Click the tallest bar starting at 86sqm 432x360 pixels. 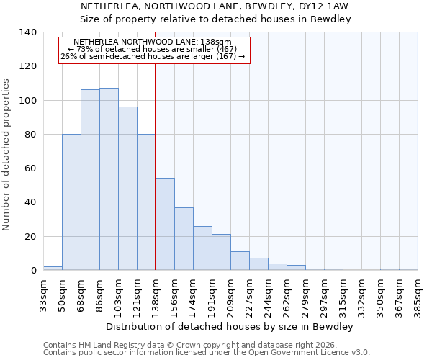point(109,179)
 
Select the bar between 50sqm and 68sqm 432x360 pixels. point(71,202)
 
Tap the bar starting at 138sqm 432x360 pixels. point(165,224)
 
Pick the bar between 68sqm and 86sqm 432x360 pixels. point(90,180)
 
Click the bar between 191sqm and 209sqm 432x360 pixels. point(221,252)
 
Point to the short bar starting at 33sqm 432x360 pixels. point(53,268)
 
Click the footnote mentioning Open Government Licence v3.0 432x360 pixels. point(207,353)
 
